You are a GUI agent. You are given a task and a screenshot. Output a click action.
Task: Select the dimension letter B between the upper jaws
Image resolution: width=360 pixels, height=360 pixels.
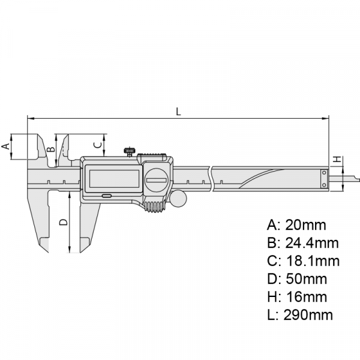coord(51,146)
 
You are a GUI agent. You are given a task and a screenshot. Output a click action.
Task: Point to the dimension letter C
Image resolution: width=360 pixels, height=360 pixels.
coord(96,144)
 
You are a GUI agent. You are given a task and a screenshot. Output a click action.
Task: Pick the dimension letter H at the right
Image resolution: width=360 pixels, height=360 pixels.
coord(337,160)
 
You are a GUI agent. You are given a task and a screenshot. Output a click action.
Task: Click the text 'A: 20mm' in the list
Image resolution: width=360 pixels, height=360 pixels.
coord(296,226)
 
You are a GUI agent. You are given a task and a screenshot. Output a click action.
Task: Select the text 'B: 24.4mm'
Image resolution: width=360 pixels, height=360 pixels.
coord(302,243)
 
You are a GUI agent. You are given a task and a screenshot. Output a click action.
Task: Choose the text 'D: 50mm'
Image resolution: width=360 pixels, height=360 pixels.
coord(297,279)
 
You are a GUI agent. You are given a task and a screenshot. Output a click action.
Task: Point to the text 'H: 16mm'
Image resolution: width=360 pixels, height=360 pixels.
coord(297,297)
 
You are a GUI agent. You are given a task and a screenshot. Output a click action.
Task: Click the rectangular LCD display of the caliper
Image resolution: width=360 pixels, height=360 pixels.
coord(114,178)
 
